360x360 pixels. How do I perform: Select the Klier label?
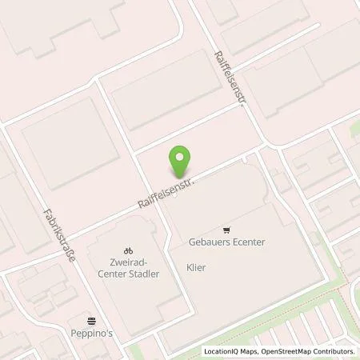coord(196,268)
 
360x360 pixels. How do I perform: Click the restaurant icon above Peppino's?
coord(92,318)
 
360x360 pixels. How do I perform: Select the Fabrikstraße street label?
coord(59,239)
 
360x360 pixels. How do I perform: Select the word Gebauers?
coord(208,242)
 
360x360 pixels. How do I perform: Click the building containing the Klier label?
coord(216,280)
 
